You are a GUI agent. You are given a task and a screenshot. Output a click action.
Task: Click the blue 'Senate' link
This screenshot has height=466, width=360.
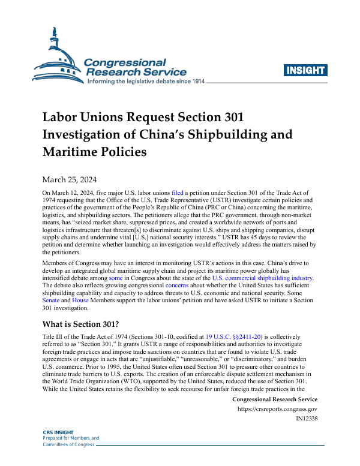point(52,301)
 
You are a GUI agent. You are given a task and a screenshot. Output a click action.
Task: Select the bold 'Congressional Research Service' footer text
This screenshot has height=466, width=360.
point(274,399)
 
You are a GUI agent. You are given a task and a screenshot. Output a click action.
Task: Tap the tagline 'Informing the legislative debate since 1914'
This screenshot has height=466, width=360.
point(146,81)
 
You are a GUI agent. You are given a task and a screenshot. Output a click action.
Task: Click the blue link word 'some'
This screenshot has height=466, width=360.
point(115,278)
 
